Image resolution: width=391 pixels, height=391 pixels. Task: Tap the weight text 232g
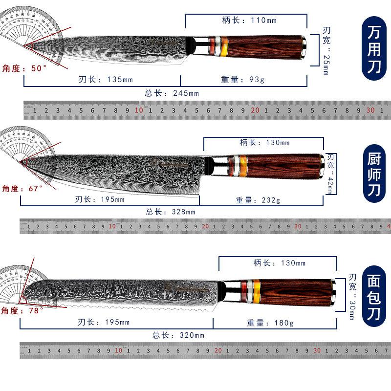pos(258,200)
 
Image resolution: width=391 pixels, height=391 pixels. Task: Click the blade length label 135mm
pos(106,80)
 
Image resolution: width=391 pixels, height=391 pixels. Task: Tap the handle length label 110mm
pos(249,21)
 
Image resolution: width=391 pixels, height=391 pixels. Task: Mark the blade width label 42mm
pos(330,174)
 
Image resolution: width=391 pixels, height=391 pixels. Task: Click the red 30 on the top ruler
pos(370,110)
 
